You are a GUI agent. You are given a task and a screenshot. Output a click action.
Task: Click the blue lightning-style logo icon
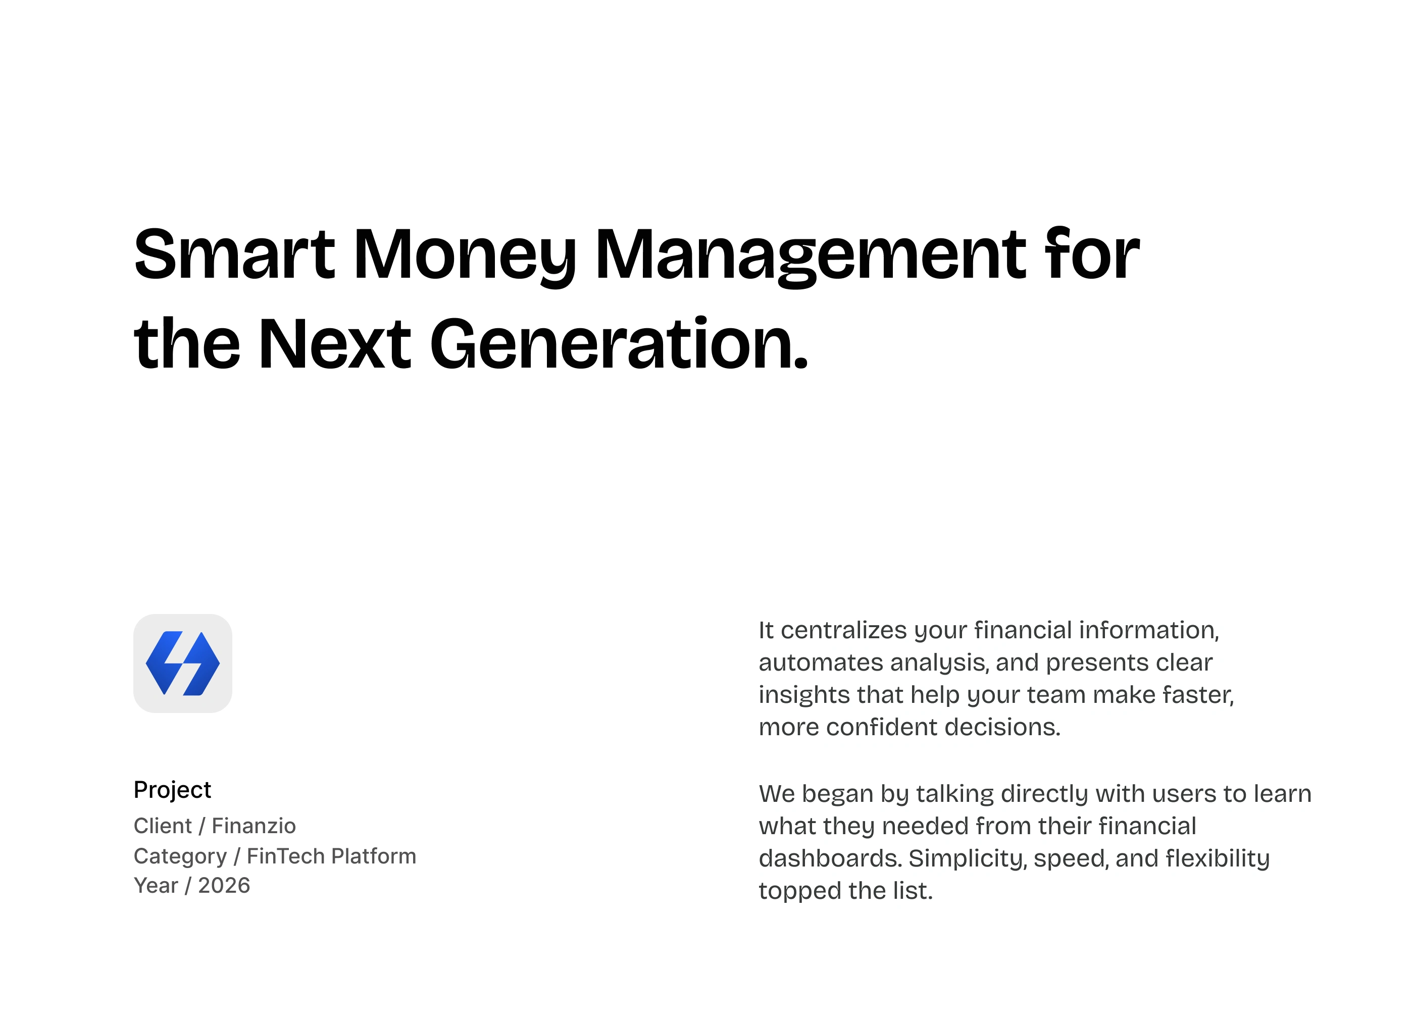coord(183,663)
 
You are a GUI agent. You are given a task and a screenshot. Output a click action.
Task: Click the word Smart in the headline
coord(234,254)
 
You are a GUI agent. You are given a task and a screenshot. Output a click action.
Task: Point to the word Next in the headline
coord(335,344)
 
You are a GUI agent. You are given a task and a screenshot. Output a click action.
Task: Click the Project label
coord(173,790)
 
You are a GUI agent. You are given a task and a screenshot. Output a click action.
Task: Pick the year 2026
coord(224,885)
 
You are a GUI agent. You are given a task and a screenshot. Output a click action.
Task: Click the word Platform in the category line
coord(372,856)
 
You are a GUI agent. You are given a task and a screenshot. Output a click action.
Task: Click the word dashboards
coord(830,858)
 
